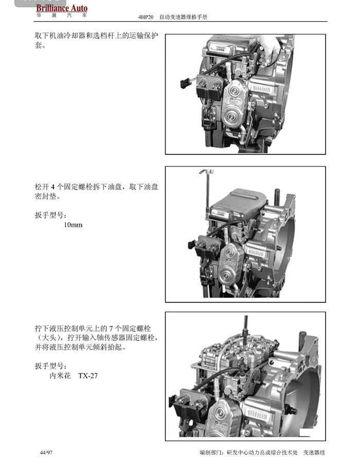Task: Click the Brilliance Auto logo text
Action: [62, 8]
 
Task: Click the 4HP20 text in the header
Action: [146, 17]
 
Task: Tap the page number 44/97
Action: [46, 453]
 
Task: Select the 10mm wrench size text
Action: [73, 225]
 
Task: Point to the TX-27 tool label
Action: [88, 375]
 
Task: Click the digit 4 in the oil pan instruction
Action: [52, 187]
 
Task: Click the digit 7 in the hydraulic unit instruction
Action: [111, 329]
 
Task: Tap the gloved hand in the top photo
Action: [269, 49]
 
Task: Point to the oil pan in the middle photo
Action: [239, 203]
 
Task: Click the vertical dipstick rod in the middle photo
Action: [207, 196]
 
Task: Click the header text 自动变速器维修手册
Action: [183, 17]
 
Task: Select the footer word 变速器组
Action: [314, 453]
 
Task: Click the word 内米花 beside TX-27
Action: [60, 375]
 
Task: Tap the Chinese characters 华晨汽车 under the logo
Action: [62, 15]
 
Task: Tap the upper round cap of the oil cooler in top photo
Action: [235, 90]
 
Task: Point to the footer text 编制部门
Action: [210, 453]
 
